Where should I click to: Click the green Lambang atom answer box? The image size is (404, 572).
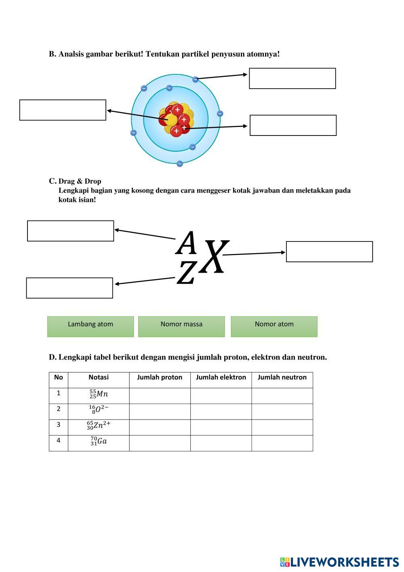[90, 326]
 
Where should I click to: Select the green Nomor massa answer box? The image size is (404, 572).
[181, 326]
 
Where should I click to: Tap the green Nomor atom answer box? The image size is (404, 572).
[274, 326]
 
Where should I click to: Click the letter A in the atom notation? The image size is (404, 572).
[186, 243]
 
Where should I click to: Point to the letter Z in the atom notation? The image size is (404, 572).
[186, 273]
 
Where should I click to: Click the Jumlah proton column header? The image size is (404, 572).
[160, 377]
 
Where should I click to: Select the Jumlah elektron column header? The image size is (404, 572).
[221, 377]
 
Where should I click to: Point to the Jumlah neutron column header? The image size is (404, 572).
[282, 377]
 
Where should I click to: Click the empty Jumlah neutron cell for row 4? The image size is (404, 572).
[282, 443]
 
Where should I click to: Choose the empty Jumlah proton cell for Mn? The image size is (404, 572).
[160, 396]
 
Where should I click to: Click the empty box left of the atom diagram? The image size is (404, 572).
[63, 110]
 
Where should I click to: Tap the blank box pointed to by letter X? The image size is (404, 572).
[329, 252]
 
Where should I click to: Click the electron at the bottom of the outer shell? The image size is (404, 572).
[180, 164]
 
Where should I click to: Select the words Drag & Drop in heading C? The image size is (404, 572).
[80, 181]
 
